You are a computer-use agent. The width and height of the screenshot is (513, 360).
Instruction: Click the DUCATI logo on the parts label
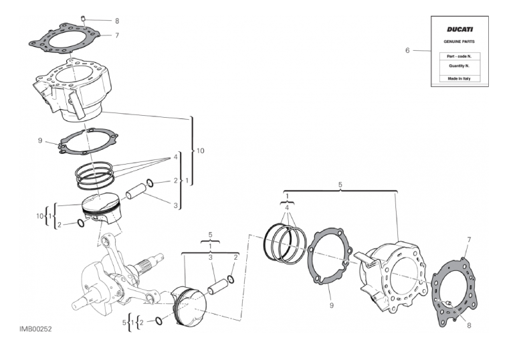[459, 29]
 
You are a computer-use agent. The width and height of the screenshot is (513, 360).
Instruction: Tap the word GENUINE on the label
[451, 41]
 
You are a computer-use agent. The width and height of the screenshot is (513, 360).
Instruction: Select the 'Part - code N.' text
[459, 56]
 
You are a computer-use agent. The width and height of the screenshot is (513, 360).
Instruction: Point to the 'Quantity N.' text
[459, 66]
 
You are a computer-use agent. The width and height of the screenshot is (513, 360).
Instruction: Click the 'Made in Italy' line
[459, 78]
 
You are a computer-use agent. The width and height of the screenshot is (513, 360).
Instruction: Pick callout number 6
[407, 50]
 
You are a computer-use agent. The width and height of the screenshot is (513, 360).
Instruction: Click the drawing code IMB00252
[35, 329]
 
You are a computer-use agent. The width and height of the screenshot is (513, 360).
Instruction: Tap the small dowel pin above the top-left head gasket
[83, 18]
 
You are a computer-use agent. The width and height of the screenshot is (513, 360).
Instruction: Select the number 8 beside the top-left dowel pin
[117, 21]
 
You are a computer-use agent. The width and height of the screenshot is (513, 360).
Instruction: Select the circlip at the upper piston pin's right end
[150, 183]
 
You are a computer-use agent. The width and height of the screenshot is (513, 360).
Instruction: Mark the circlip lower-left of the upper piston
[81, 223]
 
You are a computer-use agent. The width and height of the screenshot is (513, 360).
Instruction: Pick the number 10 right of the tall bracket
[200, 151]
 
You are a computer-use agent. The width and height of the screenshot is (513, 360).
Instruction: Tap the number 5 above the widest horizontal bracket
[340, 185]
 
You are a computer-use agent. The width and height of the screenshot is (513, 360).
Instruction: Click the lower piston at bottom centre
[189, 306]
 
